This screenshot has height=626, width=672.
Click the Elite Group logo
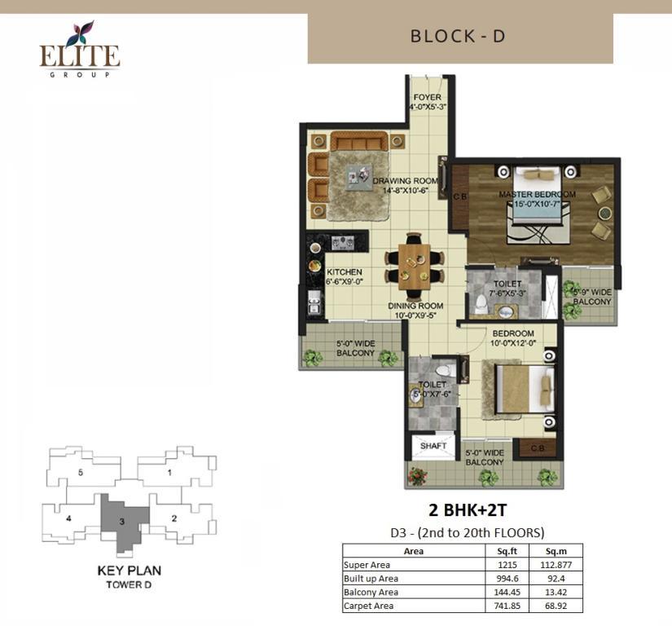(80, 49)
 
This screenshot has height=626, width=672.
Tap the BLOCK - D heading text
(458, 37)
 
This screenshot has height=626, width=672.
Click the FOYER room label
(428, 97)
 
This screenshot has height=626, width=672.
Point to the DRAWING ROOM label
(405, 181)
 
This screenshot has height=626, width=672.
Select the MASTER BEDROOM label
(537, 194)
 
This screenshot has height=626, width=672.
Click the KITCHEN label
(344, 272)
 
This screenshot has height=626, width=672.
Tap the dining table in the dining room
(414, 267)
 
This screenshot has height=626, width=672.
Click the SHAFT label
(433, 446)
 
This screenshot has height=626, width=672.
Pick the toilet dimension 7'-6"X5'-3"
(507, 293)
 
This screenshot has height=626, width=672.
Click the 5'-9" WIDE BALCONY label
(592, 297)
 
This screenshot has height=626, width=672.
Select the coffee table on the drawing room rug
(358, 178)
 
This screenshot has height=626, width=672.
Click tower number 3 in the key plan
(122, 522)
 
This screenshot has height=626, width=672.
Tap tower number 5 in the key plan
(80, 473)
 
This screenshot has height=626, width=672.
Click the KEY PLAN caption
(130, 571)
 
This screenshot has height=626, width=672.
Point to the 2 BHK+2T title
(468, 510)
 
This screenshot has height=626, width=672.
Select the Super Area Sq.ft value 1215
(507, 565)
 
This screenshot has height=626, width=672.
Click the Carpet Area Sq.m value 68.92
(556, 606)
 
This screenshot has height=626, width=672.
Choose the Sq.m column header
(556, 551)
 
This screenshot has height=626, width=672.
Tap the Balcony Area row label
(371, 592)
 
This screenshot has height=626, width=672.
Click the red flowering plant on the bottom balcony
(417, 476)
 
